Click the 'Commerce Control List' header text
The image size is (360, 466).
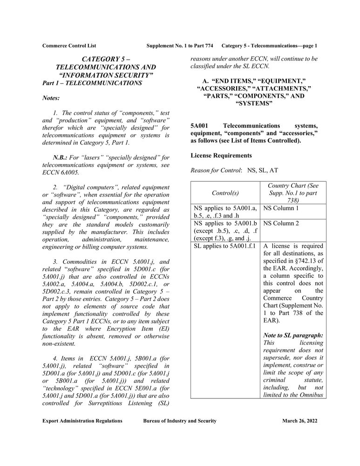(69, 46)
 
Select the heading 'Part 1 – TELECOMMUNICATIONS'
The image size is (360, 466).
(92, 83)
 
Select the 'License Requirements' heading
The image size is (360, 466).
(221, 155)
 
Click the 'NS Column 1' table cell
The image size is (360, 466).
(281, 208)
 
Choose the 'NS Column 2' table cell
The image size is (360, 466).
(281, 223)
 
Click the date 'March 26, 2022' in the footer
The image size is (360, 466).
(299, 421)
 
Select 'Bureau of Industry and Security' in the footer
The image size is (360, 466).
(180, 421)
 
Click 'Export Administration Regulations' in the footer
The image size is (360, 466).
(82, 421)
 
